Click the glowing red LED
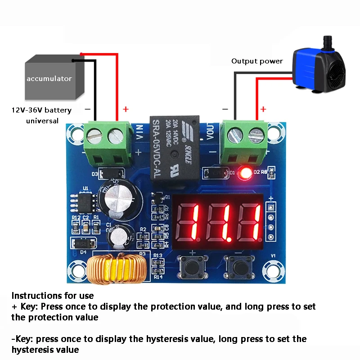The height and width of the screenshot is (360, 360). [245, 173]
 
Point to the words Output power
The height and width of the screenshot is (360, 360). [257, 61]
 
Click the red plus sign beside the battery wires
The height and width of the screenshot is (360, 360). [126, 109]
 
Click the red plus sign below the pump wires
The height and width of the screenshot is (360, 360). [263, 109]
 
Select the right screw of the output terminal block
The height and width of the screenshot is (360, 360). [255, 134]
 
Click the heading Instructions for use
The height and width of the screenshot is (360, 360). [53, 296]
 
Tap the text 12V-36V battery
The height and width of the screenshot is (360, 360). [41, 110]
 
